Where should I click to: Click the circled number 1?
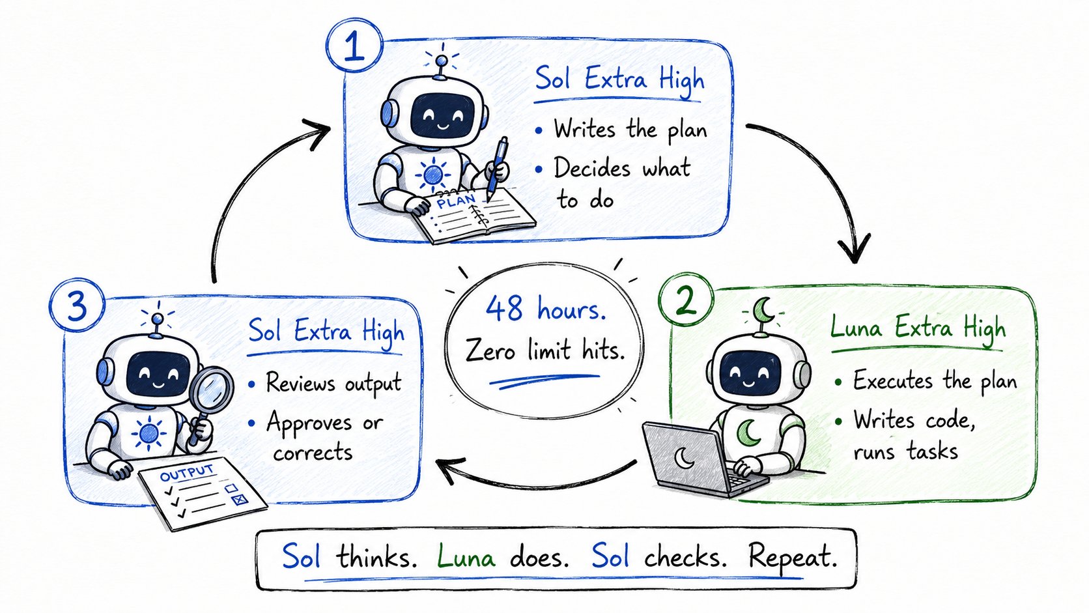point(354,45)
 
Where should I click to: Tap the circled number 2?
point(685,300)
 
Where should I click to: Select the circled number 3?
point(77,306)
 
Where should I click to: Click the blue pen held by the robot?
point(496,169)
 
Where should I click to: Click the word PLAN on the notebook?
point(455,201)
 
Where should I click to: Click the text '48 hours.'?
point(545,309)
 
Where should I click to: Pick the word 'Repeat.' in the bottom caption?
point(793,556)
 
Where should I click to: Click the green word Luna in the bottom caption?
point(466,556)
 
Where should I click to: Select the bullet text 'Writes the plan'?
point(630,130)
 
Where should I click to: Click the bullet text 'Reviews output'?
point(333,383)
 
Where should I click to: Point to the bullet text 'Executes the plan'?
point(935,380)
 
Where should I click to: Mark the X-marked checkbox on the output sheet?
point(239,499)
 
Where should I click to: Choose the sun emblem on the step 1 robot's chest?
point(432,174)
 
